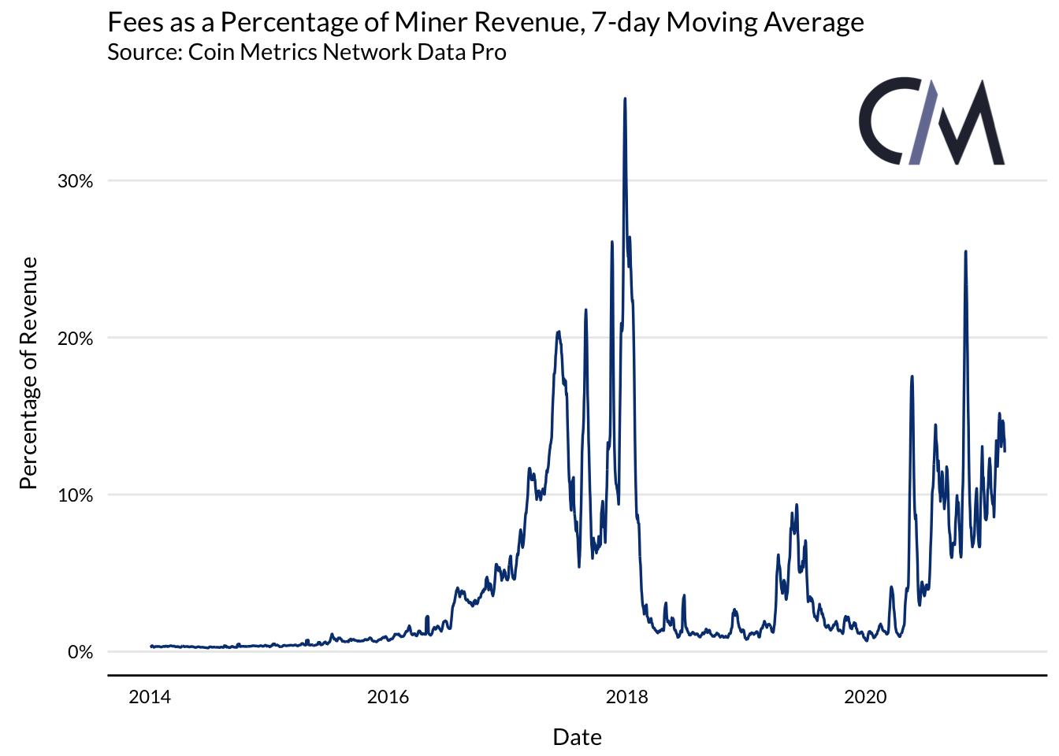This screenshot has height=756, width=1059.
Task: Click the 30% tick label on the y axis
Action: pos(76,181)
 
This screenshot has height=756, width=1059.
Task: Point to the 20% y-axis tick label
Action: pos(76,339)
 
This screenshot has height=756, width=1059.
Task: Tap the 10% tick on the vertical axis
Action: pos(76,495)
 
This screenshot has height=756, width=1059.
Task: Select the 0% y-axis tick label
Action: pos(80,652)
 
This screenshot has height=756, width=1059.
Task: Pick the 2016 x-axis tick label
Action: pos(388,697)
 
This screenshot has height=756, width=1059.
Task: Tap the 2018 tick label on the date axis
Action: pos(627,697)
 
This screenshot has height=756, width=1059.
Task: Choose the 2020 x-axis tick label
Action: pos(865,697)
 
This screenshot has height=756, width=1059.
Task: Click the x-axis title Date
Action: pos(577,737)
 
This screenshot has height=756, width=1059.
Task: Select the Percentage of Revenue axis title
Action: pos(28,372)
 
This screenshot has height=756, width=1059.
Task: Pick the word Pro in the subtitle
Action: pos(489,53)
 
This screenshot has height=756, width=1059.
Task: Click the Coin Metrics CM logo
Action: pos(931,122)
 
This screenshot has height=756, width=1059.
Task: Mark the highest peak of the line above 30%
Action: pos(625,99)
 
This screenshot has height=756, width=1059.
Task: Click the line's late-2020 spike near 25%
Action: pos(966,252)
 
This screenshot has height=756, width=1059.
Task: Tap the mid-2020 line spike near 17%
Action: pos(912,376)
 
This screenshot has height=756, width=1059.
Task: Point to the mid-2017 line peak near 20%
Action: pos(558,332)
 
